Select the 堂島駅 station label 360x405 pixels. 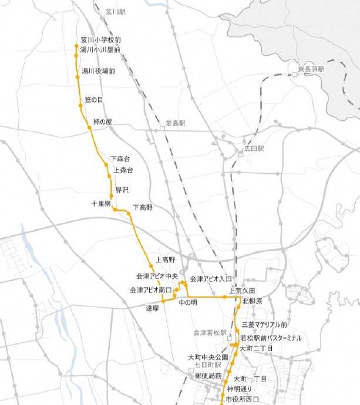coord(175,123)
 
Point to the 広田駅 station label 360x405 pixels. coord(254,149)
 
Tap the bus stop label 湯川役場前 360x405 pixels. coord(98,71)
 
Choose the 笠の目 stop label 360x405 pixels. coord(94,100)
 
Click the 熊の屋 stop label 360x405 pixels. coord(102,122)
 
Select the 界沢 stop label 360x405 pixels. coord(122,190)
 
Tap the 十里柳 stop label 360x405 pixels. coord(100,203)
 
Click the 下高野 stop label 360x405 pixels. coord(143,207)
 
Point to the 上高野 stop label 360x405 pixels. coord(166,259)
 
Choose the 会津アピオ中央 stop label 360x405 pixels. coord(157,275)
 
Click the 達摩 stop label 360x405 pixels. coord(153,308)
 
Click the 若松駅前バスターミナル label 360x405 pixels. coord(271,338)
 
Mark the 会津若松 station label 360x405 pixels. coord(209,333)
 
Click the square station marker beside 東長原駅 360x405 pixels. coord(295,75)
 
